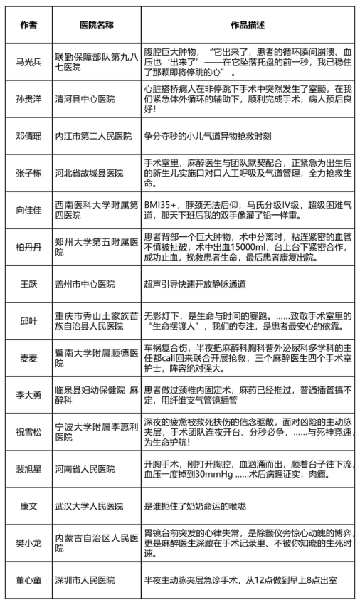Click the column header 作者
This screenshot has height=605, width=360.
pos(27,25)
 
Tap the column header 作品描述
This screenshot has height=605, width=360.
pos(248,25)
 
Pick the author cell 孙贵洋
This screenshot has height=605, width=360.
pos(27,100)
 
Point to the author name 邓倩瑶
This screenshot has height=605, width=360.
pos(27,134)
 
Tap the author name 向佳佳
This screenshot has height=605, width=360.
pos(27,211)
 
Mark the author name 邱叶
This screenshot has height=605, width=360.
pos(27,320)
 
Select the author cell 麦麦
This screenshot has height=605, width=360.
pos(27,357)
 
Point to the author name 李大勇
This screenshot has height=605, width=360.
pos(27,394)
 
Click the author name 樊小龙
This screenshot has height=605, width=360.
pos(27,543)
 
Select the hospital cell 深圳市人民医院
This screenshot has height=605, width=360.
pos(84,581)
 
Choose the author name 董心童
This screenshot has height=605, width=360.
pos(27,581)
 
